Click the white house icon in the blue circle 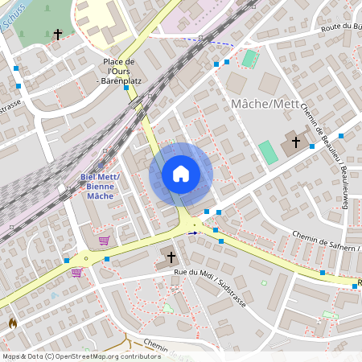click(x=181, y=174)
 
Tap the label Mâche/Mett click(x=264, y=104)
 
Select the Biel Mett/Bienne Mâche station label click(x=100, y=186)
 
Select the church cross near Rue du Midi click(x=171, y=257)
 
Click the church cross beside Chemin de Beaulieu click(x=295, y=143)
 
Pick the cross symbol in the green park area click(x=57, y=35)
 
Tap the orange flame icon click(x=12, y=323)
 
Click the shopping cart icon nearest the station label click(x=104, y=240)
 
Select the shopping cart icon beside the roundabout click(x=76, y=272)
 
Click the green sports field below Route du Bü click(x=250, y=58)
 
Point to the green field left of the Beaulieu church click(x=266, y=150)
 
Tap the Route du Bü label click(x=340, y=27)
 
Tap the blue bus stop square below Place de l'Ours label click(x=125, y=88)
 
